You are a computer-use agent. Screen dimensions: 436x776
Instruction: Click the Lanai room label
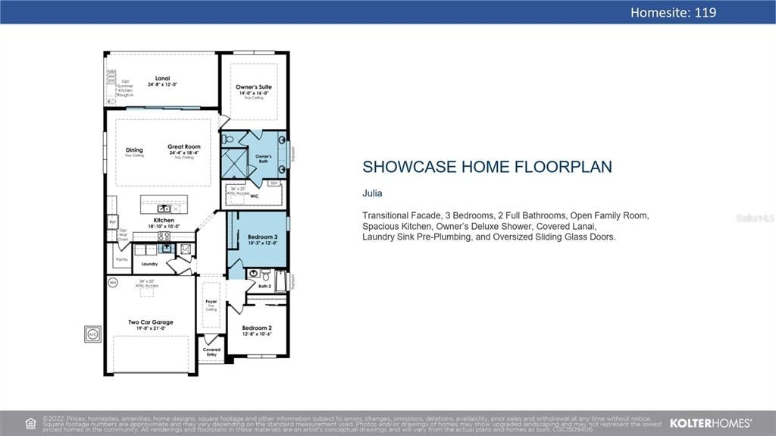point(162,78)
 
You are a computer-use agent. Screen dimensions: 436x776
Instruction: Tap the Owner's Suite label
point(253,87)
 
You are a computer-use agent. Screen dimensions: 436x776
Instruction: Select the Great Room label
point(184,147)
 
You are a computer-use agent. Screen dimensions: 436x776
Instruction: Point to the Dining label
point(134,150)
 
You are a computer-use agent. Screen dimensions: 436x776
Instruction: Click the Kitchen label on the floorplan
point(164,221)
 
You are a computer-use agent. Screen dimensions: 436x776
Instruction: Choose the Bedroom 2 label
point(256,328)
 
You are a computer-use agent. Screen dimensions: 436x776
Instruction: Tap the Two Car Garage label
point(151,322)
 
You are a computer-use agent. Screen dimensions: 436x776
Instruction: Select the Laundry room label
point(149,264)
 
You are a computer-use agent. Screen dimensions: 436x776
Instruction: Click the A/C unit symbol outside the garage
point(92,334)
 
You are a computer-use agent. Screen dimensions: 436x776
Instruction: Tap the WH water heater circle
point(113,283)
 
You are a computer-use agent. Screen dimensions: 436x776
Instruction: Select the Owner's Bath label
point(263,158)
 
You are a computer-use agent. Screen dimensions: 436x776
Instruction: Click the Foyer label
point(211,302)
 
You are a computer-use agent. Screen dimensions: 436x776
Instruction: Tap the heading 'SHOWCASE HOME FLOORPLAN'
point(487,167)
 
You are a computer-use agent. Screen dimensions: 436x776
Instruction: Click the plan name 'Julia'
point(372,193)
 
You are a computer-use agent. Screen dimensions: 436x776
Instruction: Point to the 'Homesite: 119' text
point(673,12)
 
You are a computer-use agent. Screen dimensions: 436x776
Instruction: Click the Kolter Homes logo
point(711,423)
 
